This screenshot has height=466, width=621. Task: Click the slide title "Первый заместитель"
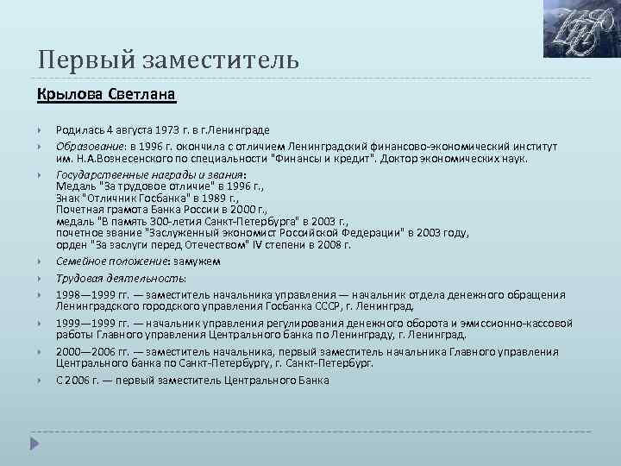[168, 61]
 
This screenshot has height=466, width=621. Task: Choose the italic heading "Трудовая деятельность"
[121, 278]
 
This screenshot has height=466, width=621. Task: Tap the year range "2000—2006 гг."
[96, 352]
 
